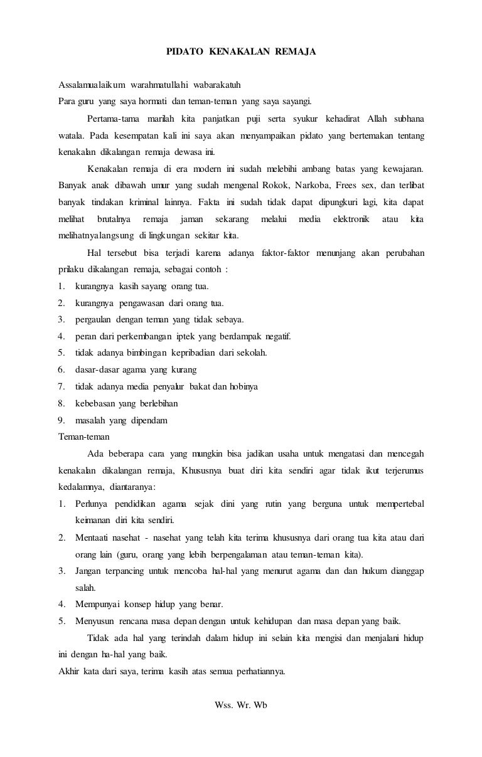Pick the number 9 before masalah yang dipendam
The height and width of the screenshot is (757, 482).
click(x=61, y=420)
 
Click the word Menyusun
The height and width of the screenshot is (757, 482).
click(x=95, y=622)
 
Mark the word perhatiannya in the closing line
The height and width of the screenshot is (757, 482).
click(x=261, y=672)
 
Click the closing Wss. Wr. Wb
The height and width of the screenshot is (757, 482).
click(x=241, y=704)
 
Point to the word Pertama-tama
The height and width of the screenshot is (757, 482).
click(x=113, y=119)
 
